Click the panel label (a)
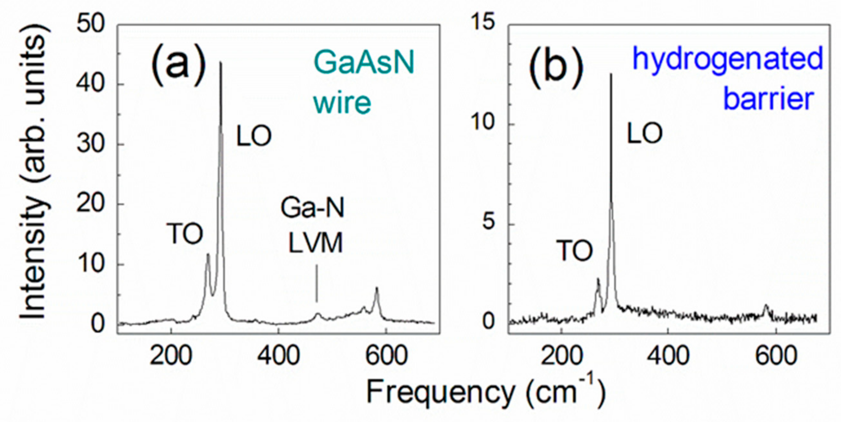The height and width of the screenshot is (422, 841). coord(178,65)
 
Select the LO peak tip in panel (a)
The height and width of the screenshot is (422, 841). coord(221,63)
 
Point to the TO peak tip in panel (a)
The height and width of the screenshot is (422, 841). coord(208,255)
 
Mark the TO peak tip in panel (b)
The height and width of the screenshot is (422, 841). coord(598,279)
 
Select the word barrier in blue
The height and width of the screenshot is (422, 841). coord(768,99)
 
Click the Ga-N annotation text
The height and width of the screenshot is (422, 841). coord(312,208)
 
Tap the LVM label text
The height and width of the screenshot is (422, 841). coord(316,243)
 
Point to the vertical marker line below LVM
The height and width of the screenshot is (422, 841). coord(317,283)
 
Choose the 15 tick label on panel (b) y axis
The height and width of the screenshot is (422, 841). coord(483,23)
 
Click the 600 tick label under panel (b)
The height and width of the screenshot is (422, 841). coord(776,356)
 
